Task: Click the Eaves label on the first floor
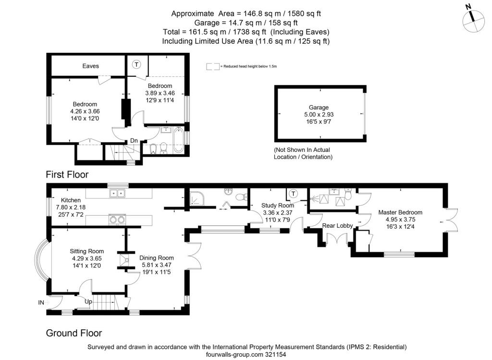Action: click(x=90, y=66)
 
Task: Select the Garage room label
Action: click(x=319, y=107)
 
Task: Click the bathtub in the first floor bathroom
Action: click(x=179, y=140)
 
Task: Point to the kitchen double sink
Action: click(x=117, y=193)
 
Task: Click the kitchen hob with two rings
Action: click(x=117, y=219)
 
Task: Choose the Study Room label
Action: click(x=278, y=206)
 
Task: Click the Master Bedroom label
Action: click(x=400, y=212)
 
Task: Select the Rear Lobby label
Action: click(x=337, y=225)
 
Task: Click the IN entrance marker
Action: click(x=41, y=302)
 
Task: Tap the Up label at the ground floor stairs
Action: click(x=88, y=302)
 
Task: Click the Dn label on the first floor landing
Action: click(x=134, y=140)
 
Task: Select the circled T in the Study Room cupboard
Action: click(x=293, y=194)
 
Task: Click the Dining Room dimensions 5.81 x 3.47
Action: click(x=157, y=265)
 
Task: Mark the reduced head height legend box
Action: click(x=213, y=66)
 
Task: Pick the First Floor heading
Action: click(x=67, y=174)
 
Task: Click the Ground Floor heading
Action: click(x=74, y=333)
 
